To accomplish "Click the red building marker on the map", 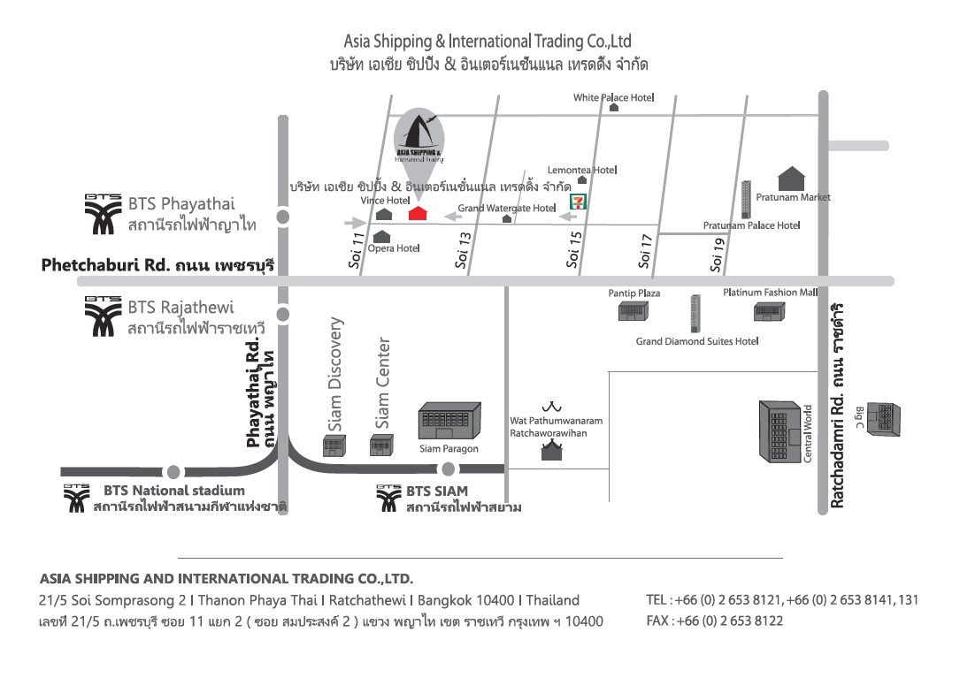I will click(418, 214).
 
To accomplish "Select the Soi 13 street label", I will click(463, 249).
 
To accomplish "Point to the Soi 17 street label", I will click(645, 251).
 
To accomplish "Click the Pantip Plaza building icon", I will click(633, 311).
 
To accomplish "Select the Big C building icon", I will click(883, 418).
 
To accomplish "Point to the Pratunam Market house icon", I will click(791, 179).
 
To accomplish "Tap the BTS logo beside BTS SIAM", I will click(389, 499).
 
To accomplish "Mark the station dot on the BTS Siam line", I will click(448, 469).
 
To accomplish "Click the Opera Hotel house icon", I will click(382, 237).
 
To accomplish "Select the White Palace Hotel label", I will click(613, 97).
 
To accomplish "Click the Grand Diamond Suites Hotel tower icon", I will click(695, 314).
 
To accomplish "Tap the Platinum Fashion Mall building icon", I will click(768, 311).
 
